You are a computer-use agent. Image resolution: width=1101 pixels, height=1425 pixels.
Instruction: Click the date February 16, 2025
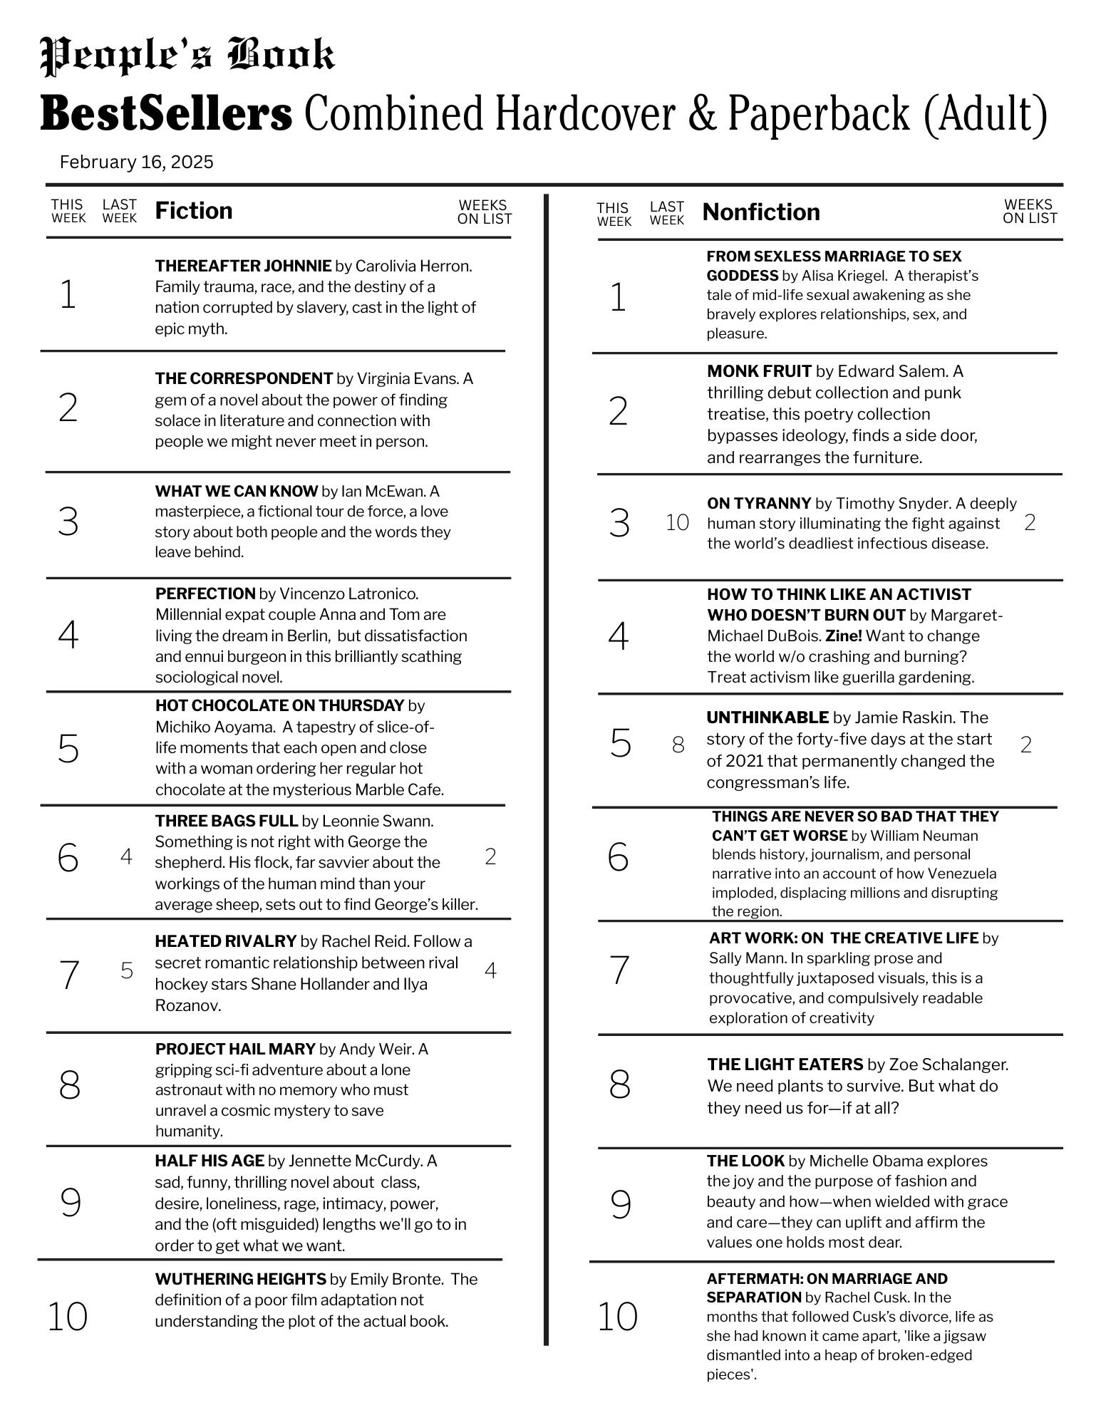click(137, 162)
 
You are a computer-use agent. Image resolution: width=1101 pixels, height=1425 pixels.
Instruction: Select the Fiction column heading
click(194, 211)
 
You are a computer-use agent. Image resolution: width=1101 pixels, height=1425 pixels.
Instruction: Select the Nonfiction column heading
click(761, 212)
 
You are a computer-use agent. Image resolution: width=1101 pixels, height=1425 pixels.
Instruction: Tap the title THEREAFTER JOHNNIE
click(243, 266)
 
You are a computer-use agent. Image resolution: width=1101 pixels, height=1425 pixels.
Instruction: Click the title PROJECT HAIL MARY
click(235, 1049)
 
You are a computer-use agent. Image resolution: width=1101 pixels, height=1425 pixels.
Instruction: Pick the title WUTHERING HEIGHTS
click(240, 1279)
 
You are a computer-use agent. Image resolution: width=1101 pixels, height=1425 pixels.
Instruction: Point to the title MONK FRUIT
click(759, 371)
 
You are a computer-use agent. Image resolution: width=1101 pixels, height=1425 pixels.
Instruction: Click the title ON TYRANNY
click(759, 503)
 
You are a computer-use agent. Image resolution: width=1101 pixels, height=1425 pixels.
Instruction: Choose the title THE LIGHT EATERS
click(785, 1064)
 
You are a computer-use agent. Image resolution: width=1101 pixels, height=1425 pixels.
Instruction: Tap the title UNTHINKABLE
click(767, 717)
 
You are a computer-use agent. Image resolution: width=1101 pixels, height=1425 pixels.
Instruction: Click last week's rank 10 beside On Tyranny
click(677, 523)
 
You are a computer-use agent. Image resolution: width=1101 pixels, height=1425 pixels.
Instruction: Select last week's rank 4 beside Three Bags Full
click(126, 856)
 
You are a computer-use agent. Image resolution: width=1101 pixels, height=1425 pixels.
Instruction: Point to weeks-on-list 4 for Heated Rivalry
click(490, 970)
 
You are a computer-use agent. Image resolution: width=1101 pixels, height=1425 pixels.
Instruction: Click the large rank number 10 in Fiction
click(68, 1316)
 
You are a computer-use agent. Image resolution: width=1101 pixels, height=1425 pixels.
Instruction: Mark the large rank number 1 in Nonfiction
click(618, 297)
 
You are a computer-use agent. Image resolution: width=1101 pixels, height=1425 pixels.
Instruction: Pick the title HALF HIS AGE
click(210, 1161)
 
